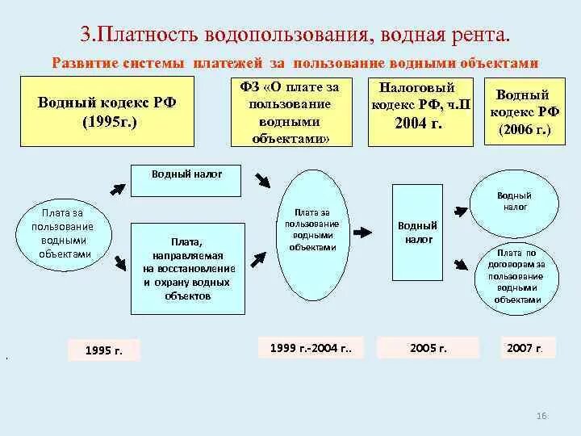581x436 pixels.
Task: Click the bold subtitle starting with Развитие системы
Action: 295,63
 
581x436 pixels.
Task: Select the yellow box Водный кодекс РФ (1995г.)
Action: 107,112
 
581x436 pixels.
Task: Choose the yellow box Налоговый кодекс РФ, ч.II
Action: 420,111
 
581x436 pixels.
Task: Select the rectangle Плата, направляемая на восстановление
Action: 188,268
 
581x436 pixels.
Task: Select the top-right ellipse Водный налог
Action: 514,201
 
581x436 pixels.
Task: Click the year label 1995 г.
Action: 103,350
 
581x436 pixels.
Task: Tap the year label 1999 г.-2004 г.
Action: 311,347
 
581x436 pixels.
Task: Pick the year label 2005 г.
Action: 428,348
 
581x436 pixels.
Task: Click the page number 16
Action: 541,415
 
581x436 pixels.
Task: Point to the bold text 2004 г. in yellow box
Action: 420,124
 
